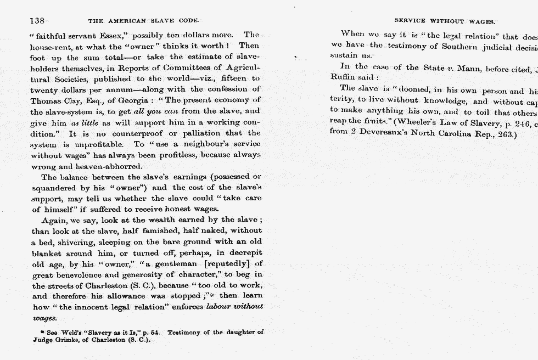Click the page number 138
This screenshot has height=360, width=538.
click(37, 21)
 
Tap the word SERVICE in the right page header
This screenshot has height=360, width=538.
click(410, 21)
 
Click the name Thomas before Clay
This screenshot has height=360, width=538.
click(46, 100)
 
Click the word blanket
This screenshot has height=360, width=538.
click(46, 252)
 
